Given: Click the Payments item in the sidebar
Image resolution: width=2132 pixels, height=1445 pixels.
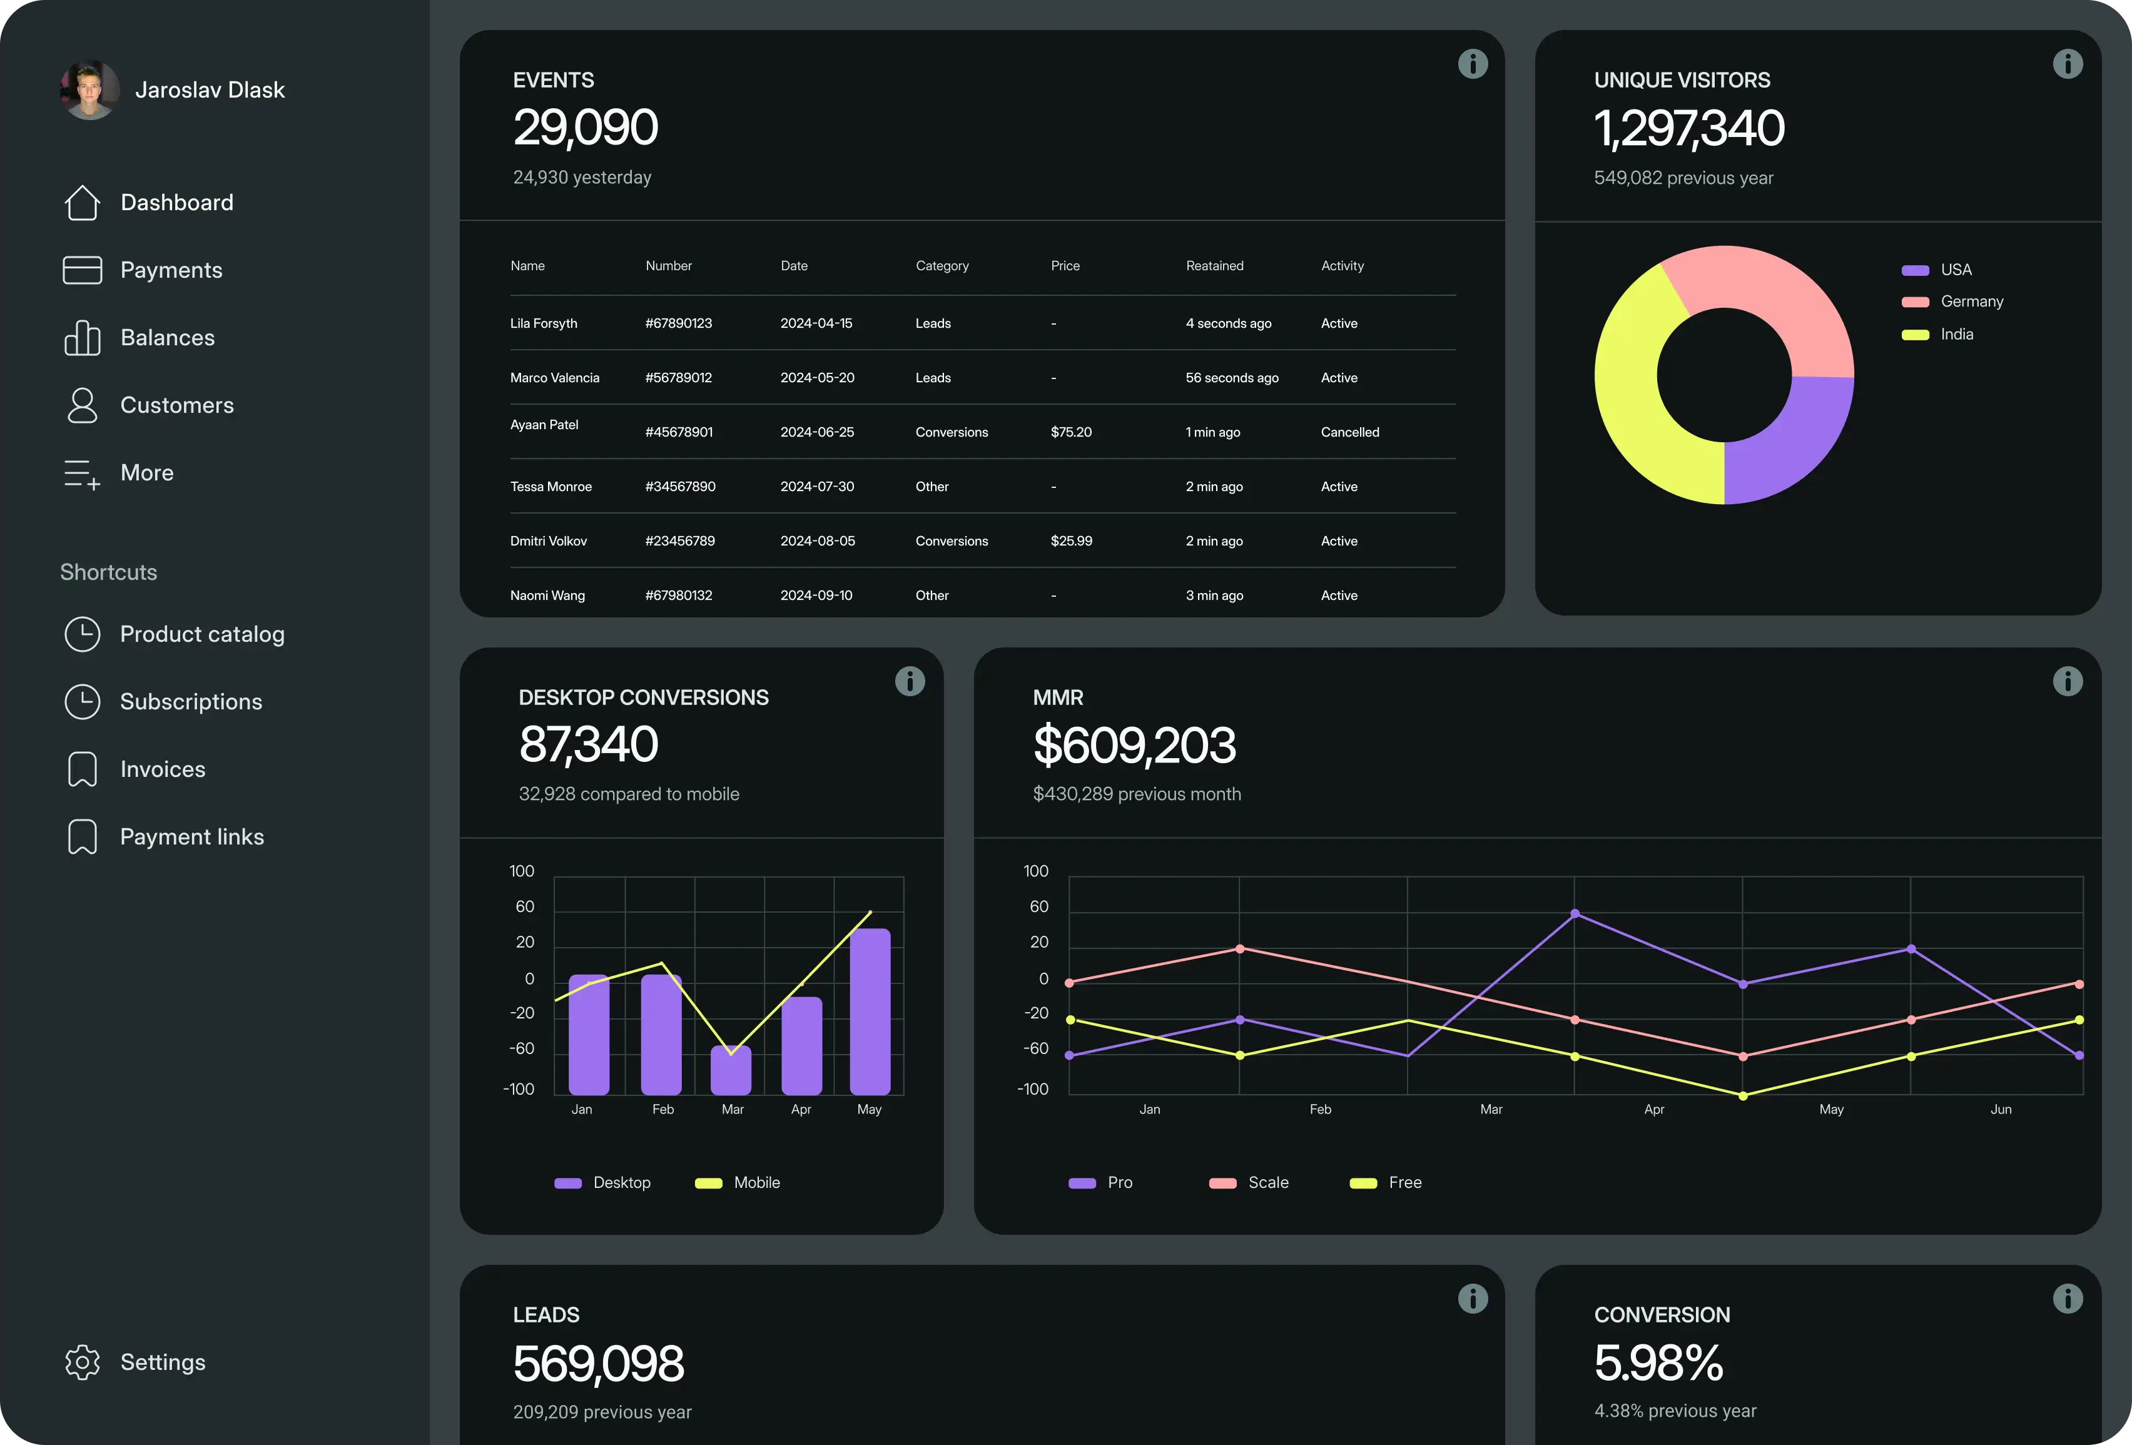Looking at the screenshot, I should (171, 270).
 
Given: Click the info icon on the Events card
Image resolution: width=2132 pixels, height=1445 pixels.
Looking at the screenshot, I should (1473, 64).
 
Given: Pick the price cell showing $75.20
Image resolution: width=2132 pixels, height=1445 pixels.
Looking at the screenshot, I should (1070, 432).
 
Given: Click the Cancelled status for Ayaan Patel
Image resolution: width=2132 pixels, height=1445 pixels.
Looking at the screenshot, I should (1349, 432).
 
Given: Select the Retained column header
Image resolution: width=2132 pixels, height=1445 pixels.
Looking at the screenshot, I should (1214, 266).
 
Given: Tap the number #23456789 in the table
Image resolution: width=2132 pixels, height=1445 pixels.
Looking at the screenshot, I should (680, 541).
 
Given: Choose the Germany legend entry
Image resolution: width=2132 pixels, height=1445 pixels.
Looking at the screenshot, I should (1971, 302).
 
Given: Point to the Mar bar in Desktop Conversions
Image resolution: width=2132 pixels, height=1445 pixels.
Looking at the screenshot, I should (731, 1072).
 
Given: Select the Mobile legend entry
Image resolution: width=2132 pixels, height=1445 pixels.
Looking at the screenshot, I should (755, 1183).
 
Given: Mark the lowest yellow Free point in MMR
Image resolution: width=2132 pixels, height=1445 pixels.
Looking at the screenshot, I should (1743, 1095).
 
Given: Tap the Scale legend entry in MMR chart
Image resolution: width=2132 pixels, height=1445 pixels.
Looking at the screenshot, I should (1267, 1183).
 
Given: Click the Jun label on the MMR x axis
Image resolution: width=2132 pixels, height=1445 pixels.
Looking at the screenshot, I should (2001, 1109).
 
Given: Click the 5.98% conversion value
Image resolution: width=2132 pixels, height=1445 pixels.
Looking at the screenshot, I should (1658, 1362).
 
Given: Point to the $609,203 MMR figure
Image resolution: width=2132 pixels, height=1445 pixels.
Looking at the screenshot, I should (1134, 745).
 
